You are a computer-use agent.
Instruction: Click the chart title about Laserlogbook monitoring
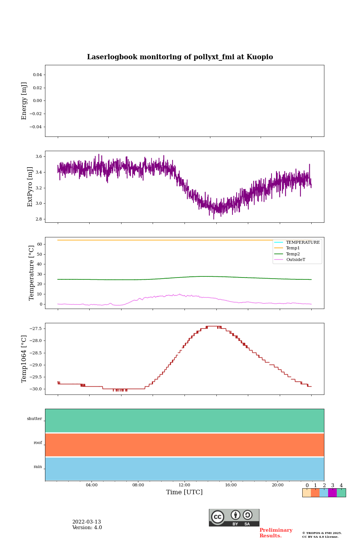click(x=180, y=57)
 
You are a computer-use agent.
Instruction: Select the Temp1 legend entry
click(x=293, y=248)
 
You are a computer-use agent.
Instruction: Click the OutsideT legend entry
click(x=295, y=260)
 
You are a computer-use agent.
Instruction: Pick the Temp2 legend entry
click(x=293, y=254)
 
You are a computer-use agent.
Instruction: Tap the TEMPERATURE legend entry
click(x=303, y=243)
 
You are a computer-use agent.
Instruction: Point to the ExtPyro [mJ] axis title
click(x=30, y=187)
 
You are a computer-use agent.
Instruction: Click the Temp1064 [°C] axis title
click(x=24, y=359)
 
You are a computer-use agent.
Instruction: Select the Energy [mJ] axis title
click(x=24, y=101)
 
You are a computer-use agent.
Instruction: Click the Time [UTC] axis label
click(x=184, y=492)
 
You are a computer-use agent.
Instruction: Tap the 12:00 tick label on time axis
click(x=184, y=485)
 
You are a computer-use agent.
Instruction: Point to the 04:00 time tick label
click(x=91, y=485)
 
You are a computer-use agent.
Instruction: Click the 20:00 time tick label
click(x=277, y=485)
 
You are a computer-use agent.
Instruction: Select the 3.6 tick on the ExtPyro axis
click(x=38, y=157)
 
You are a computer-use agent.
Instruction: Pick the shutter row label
click(x=34, y=419)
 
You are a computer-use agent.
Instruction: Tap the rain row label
click(x=38, y=467)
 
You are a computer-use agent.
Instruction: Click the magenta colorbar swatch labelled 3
click(x=332, y=493)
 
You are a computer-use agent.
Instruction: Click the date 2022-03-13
click(x=87, y=522)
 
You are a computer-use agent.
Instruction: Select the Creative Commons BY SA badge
click(x=234, y=517)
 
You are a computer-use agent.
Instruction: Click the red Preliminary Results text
click(x=276, y=533)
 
